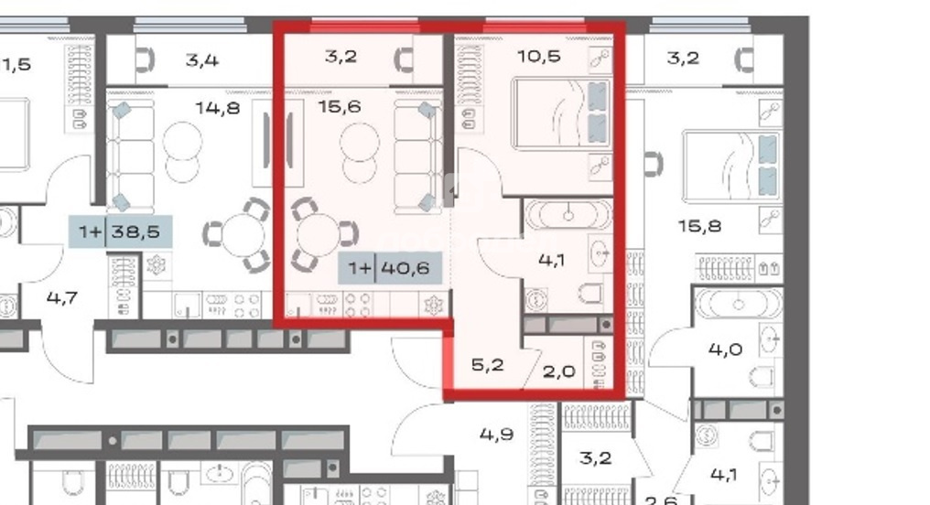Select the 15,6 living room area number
(340, 107)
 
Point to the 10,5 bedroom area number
(538, 57)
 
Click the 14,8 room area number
(218, 108)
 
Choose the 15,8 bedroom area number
(699, 226)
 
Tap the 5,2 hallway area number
(488, 365)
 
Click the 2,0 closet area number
(558, 371)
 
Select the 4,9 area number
(496, 435)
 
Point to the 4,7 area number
(61, 297)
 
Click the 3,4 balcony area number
(201, 59)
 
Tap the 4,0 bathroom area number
(725, 349)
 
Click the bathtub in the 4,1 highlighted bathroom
(568, 215)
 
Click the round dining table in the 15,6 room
(319, 234)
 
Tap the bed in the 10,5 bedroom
(561, 113)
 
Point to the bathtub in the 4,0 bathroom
(739, 305)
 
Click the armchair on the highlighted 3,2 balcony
(405, 59)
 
